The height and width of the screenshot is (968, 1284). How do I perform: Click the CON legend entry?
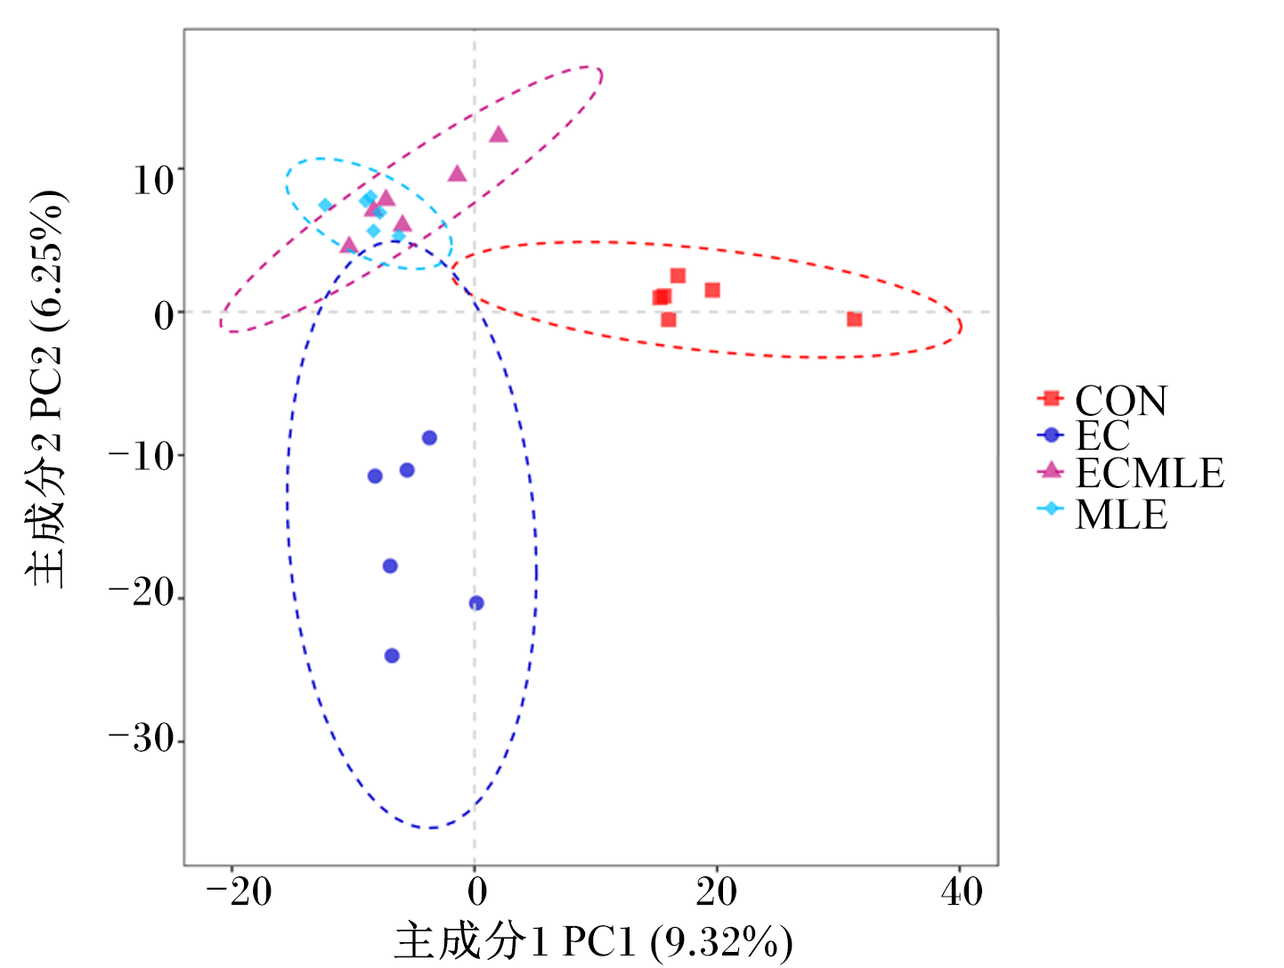point(1101,400)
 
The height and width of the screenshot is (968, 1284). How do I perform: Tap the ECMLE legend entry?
point(1129,472)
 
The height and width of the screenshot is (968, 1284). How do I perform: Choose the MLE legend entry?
point(1101,514)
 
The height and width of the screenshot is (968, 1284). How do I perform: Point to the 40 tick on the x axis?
point(961,892)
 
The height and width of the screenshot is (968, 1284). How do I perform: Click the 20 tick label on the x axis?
point(716,892)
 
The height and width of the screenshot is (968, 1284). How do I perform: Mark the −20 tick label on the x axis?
point(239,892)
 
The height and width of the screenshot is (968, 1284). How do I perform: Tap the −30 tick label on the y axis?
point(142,739)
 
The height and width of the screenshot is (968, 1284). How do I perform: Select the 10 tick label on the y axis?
point(154,180)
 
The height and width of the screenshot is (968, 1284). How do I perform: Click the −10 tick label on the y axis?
point(142,457)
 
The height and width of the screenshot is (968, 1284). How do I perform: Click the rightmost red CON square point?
point(854,320)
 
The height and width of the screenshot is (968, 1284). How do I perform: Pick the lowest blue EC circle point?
point(392,655)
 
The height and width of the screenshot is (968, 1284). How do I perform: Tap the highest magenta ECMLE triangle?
point(499,134)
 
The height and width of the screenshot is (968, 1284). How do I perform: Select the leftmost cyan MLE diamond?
point(326,206)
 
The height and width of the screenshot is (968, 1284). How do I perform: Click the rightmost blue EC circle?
point(476,603)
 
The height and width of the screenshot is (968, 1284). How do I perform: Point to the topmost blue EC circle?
point(429,438)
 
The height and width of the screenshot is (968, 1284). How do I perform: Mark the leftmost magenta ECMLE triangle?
point(349,246)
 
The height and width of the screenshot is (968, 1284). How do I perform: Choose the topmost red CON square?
point(678,275)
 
